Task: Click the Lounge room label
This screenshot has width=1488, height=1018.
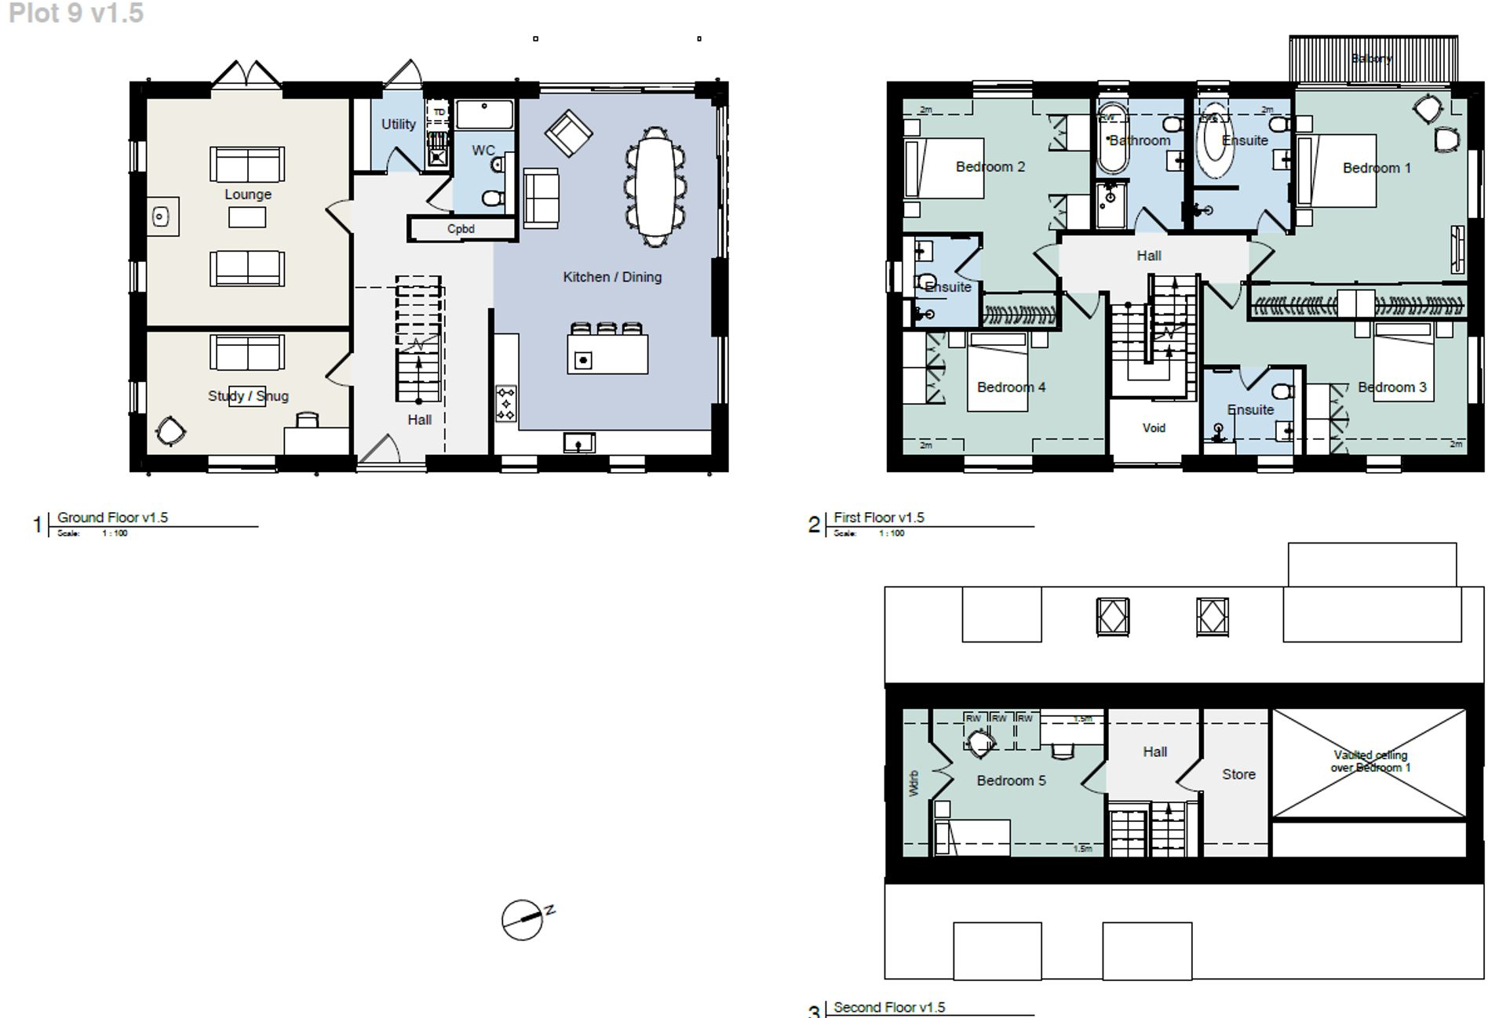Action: tap(247, 195)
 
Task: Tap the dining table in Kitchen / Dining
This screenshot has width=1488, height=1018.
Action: tap(654, 187)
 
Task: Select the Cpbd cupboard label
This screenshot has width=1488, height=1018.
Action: tap(461, 229)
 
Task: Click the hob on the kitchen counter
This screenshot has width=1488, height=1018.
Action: tap(506, 404)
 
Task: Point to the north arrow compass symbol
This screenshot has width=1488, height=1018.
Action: tap(523, 919)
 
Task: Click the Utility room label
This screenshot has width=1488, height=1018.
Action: tap(398, 124)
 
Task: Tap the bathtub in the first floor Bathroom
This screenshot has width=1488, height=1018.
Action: tap(1112, 137)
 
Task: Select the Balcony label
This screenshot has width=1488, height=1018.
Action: tap(1371, 59)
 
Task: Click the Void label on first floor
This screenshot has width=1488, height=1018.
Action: tap(1154, 428)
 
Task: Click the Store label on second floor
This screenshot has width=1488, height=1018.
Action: tap(1238, 774)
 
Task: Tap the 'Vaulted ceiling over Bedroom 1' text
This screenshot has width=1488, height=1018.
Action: tap(1369, 761)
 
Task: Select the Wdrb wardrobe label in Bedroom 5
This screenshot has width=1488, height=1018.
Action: tap(914, 783)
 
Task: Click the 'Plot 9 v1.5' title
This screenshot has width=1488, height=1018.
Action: tap(76, 13)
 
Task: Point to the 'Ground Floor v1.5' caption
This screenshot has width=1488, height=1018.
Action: tap(112, 518)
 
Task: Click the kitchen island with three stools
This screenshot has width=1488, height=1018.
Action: tap(607, 354)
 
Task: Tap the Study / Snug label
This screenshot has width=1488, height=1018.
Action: tap(247, 396)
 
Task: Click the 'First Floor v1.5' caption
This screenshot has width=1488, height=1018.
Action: tap(878, 518)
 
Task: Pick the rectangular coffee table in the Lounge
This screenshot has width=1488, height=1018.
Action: tap(246, 217)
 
